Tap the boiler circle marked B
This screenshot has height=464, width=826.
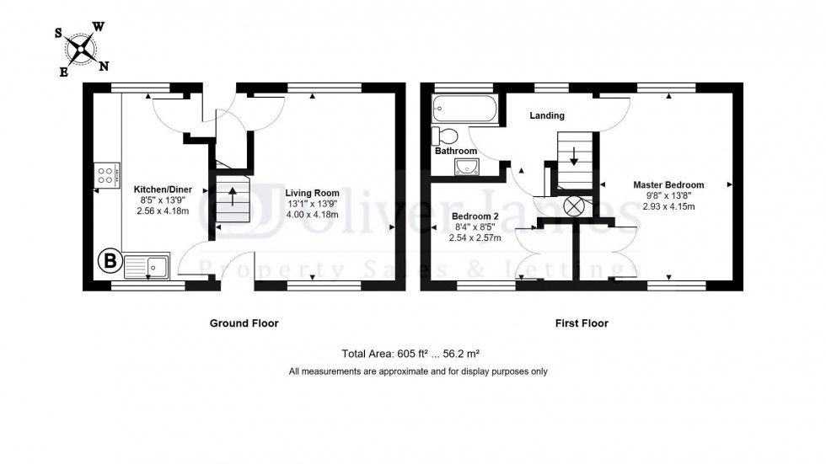click(109, 261)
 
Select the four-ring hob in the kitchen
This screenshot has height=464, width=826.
click(105, 176)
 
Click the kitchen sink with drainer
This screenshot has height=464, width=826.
click(147, 266)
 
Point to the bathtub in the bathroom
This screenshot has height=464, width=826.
click(464, 108)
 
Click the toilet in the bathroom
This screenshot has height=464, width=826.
click(444, 136)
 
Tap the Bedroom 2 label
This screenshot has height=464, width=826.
click(476, 216)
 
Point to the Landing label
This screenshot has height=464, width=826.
click(547, 115)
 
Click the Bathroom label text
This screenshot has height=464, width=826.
click(456, 152)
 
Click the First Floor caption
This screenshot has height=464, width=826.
click(581, 323)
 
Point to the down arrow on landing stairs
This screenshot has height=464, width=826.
click(574, 156)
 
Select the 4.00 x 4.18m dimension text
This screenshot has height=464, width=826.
click(311, 215)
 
